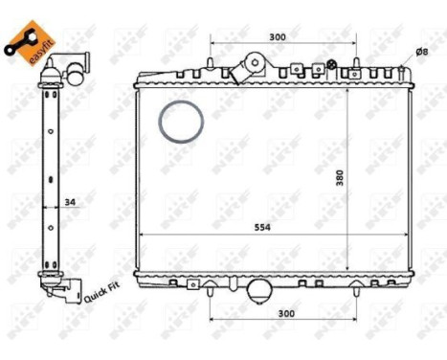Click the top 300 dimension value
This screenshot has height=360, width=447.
point(278,37)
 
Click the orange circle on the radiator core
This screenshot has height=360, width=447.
point(181,123)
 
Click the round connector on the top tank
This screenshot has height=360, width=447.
point(256,63)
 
